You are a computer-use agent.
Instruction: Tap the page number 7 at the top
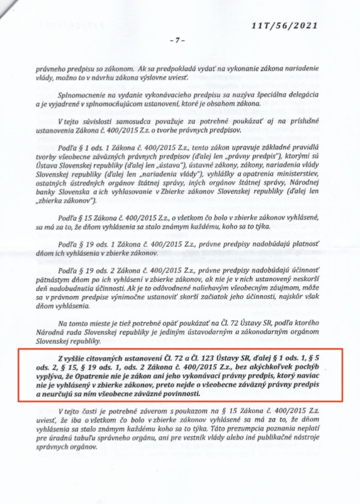click(x=177, y=41)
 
